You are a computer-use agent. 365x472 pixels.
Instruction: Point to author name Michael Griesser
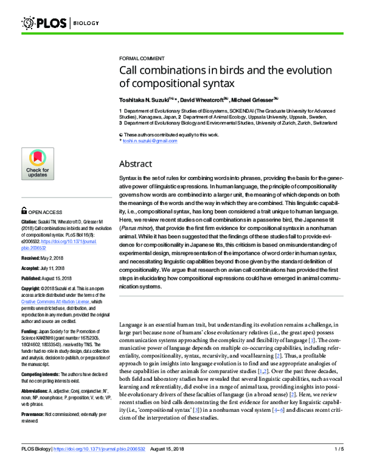click(255, 99)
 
